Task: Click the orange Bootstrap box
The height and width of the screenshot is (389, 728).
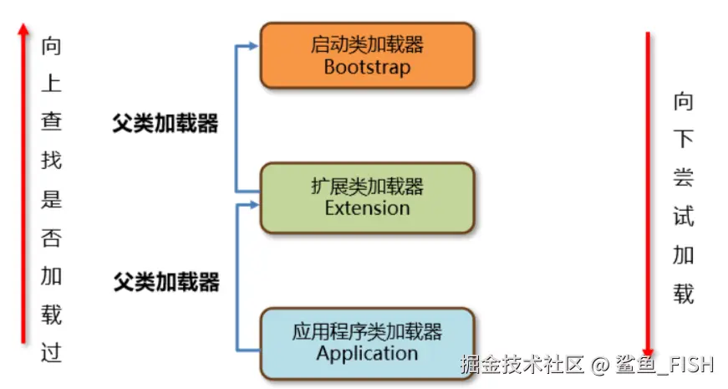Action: click(x=367, y=55)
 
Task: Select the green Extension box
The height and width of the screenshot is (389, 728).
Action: click(x=367, y=197)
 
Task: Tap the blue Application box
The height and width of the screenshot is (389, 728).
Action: click(x=367, y=343)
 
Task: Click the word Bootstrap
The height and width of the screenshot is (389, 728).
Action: click(x=367, y=67)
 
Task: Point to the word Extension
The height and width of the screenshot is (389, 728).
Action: click(x=367, y=207)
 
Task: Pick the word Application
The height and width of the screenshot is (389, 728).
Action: click(x=367, y=353)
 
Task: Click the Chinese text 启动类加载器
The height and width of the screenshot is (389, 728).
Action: click(x=367, y=44)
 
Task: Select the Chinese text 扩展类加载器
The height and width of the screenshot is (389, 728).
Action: click(x=367, y=186)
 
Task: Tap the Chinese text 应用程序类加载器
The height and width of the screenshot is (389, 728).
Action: click(x=367, y=332)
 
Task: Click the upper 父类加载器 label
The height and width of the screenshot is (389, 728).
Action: click(x=165, y=124)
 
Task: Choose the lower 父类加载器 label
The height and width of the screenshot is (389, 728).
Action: click(x=166, y=282)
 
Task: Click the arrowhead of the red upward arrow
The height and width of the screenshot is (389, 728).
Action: click(x=23, y=31)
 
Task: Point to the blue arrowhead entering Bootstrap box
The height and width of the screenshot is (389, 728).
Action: click(x=254, y=46)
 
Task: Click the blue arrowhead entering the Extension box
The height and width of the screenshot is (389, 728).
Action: click(x=254, y=203)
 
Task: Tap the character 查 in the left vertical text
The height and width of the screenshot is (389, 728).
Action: click(x=51, y=120)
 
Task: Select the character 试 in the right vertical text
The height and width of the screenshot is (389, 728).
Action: click(x=683, y=218)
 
